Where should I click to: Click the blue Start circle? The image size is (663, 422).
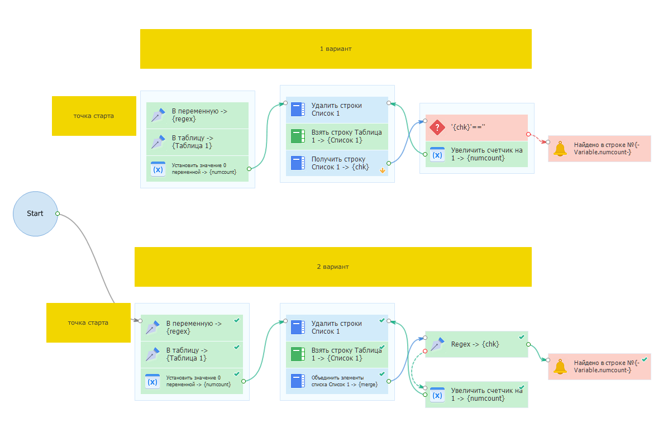pyautogui.click(x=35, y=214)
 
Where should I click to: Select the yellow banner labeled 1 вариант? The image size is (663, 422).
pyautogui.click(x=336, y=49)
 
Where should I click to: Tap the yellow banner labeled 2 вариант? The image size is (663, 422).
pyautogui.click(x=333, y=267)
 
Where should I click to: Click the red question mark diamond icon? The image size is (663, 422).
pyautogui.click(x=437, y=127)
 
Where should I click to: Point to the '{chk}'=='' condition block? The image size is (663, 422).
pyautogui.click(x=476, y=127)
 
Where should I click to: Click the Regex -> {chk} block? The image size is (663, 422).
pyautogui.click(x=476, y=344)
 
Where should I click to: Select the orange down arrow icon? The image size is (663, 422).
pyautogui.click(x=382, y=170)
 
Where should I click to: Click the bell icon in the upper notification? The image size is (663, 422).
pyautogui.click(x=560, y=149)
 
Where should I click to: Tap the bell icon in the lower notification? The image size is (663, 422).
pyautogui.click(x=560, y=367)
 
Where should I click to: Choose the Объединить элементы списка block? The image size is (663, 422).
pyautogui.click(x=337, y=381)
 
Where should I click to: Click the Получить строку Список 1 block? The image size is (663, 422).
pyautogui.click(x=337, y=163)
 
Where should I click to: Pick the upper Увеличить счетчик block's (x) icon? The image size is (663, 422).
pyautogui.click(x=437, y=154)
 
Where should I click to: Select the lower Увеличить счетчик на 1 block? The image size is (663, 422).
pyautogui.click(x=476, y=395)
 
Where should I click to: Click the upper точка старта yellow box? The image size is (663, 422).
pyautogui.click(x=94, y=116)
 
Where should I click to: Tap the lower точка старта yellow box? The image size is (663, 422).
pyautogui.click(x=88, y=323)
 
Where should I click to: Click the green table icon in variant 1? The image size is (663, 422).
pyautogui.click(x=298, y=136)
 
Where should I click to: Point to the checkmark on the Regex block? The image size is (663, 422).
pyautogui.click(x=522, y=337)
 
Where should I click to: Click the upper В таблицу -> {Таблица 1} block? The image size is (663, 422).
pyautogui.click(x=198, y=142)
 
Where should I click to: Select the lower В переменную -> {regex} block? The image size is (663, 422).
pyautogui.click(x=192, y=328)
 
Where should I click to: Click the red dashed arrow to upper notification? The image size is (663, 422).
pyautogui.click(x=538, y=138)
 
